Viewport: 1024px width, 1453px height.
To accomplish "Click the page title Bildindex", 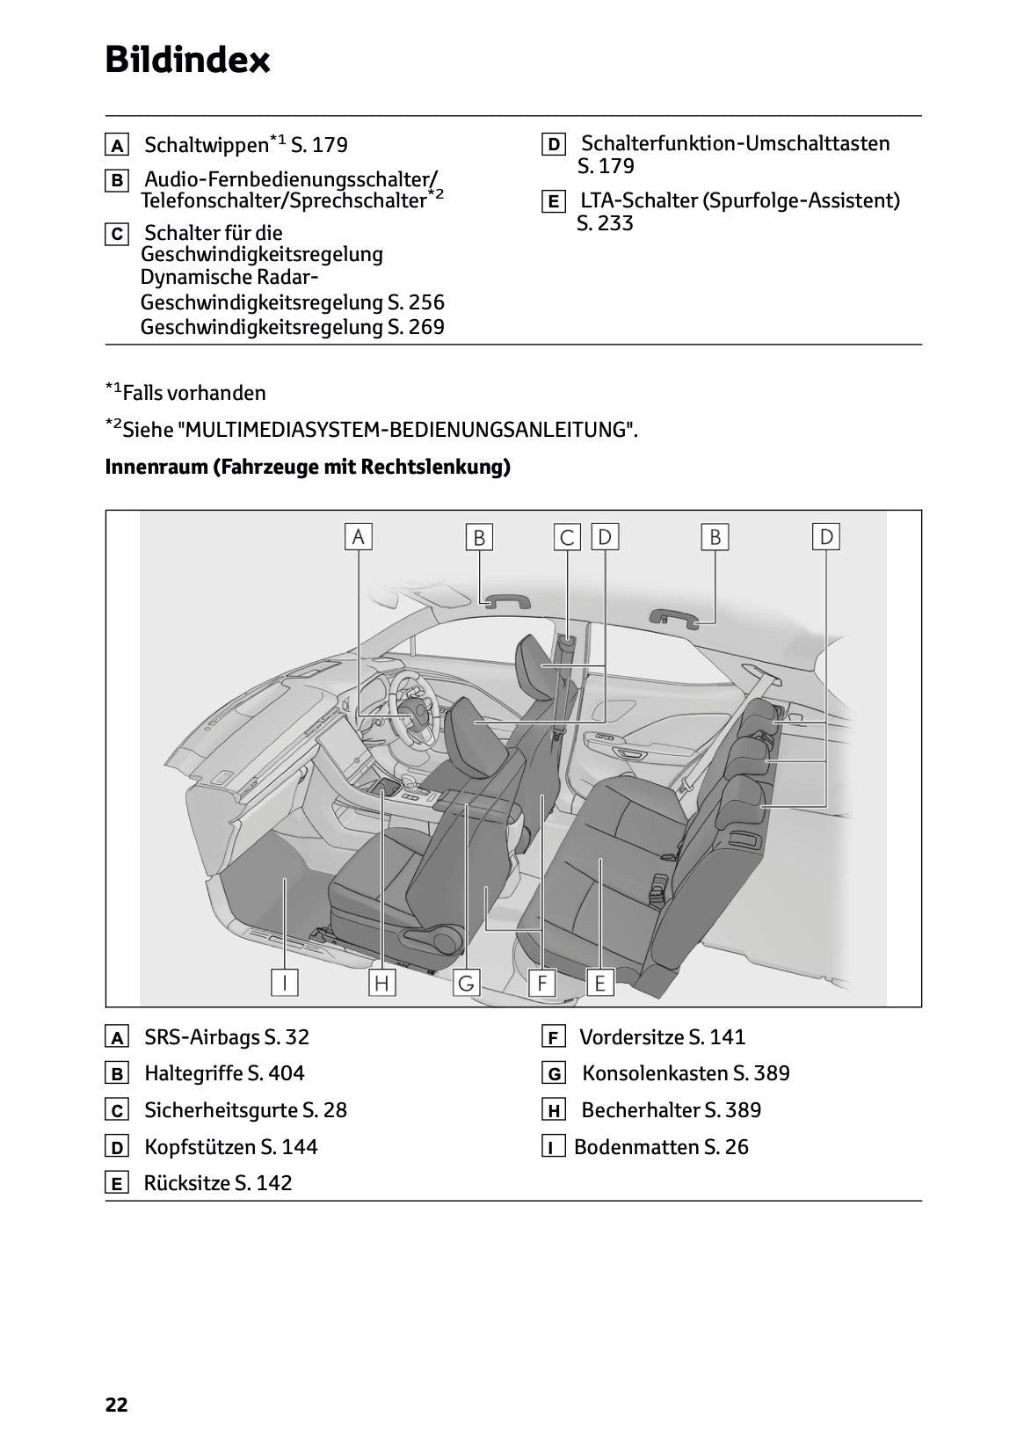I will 187,60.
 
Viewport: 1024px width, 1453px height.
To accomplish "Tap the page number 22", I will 116,1405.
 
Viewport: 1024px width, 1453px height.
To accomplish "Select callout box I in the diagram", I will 284,982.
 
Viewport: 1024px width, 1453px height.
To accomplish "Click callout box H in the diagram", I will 381,982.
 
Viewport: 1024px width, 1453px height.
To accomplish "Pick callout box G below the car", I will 466,982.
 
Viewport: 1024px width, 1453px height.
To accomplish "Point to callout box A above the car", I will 358,536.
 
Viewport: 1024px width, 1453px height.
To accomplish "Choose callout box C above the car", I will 568,536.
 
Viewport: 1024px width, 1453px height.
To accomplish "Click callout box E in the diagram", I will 599,982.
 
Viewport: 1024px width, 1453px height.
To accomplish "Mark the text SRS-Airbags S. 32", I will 226,1037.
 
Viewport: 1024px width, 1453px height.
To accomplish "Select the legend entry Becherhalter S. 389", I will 671,1110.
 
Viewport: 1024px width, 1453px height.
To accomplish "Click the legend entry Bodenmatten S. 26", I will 661,1147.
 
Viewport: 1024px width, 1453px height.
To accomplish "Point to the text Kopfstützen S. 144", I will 230,1147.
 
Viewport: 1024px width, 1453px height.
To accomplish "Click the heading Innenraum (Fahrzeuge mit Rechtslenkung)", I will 308,467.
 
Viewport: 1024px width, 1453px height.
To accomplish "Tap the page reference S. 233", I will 605,223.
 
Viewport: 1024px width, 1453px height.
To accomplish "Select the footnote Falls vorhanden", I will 193,393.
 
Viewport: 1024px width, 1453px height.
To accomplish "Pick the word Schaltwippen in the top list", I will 206,145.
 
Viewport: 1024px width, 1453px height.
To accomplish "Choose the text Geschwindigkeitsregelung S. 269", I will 292,327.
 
